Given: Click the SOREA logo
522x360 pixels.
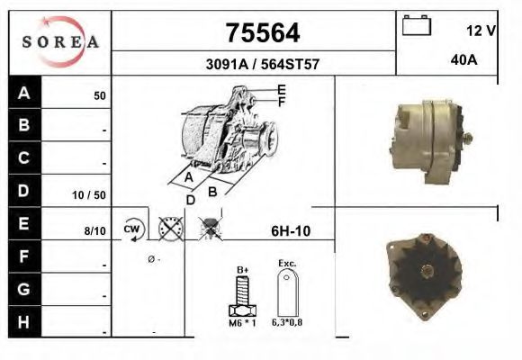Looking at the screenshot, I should (x=59, y=41).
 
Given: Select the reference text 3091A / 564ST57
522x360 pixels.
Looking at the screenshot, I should (x=260, y=65).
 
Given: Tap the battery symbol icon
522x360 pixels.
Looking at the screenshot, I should (x=416, y=25).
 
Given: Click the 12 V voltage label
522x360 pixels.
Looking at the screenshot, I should (x=481, y=31).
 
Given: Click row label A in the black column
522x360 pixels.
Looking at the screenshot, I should (x=24, y=94).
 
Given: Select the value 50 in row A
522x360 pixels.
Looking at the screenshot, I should (x=100, y=95).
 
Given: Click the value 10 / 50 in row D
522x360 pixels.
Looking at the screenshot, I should (x=89, y=194).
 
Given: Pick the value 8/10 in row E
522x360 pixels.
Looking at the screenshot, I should (x=94, y=231).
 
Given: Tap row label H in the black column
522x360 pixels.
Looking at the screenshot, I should (x=24, y=320).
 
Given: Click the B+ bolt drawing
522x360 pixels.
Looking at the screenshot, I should (x=241, y=296).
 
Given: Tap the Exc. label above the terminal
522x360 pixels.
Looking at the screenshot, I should (x=287, y=265).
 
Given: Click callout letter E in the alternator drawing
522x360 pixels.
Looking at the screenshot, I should (x=282, y=90).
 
